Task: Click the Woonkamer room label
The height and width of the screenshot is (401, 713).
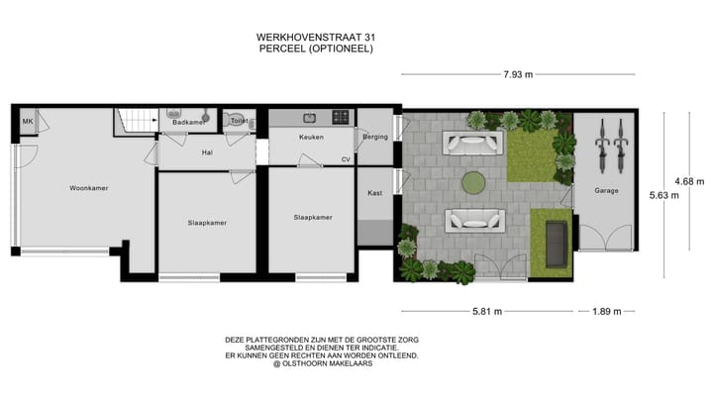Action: point(89,187)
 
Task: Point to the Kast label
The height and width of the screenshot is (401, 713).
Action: point(375,193)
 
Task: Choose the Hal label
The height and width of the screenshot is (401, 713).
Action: point(207,152)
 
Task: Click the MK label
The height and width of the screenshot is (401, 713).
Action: point(28,122)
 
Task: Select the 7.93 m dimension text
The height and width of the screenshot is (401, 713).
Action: point(518,74)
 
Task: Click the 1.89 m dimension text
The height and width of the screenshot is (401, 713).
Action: point(606,311)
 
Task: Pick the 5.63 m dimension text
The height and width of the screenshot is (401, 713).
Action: point(662,195)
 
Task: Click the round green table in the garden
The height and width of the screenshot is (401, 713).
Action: point(473,181)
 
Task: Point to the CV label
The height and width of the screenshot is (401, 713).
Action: point(346,158)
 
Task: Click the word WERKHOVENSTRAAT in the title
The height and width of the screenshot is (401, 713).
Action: point(293,37)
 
